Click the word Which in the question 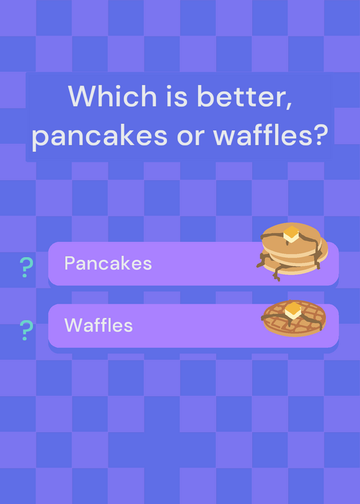112,96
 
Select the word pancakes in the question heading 100,135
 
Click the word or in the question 190,137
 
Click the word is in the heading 177,96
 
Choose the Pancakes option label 108,263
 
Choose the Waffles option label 98,325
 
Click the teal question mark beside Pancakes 26,267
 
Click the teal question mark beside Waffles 26,330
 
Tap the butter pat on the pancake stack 291,234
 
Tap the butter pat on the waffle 293,310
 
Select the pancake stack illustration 292,251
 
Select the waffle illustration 294,318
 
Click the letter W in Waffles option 72,325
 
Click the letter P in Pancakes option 69,263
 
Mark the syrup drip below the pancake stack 276,275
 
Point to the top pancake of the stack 291,239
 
